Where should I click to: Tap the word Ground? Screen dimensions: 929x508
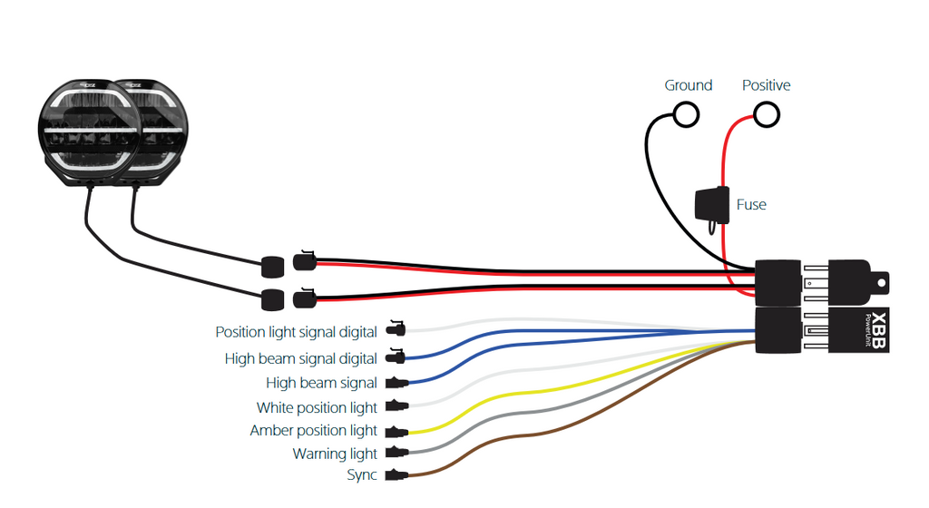click(688, 85)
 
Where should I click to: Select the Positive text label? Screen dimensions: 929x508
click(766, 85)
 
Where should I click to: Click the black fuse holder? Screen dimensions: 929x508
click(712, 206)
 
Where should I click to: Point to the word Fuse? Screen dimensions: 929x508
click(751, 205)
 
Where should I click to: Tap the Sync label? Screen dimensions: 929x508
click(362, 474)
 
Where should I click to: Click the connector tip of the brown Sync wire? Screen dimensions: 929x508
click(397, 474)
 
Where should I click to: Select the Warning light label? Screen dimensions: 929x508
click(335, 454)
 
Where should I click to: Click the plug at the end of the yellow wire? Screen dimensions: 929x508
click(397, 431)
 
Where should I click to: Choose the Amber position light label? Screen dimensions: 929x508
click(313, 430)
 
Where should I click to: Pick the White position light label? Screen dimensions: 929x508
click(317, 408)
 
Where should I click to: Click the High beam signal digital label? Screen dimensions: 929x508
click(301, 359)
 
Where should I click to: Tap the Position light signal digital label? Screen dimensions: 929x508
click(297, 332)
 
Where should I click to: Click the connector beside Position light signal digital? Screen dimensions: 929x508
click(396, 328)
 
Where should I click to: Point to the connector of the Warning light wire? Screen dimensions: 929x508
click(397, 453)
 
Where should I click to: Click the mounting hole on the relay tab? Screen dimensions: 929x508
click(882, 284)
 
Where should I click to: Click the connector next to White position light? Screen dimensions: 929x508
click(397, 406)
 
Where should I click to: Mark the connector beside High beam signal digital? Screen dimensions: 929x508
click(396, 357)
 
